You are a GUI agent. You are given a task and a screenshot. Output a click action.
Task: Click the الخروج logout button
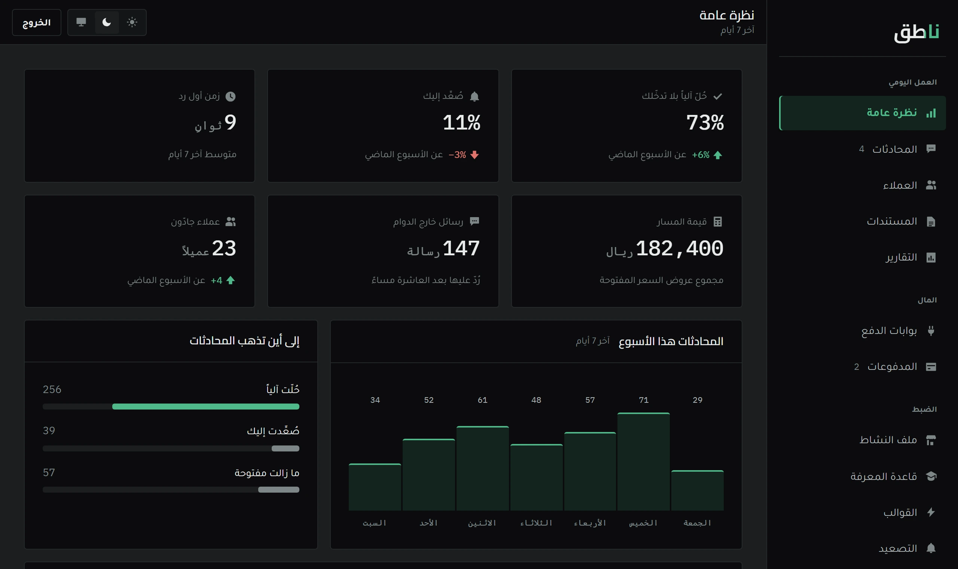click(36, 22)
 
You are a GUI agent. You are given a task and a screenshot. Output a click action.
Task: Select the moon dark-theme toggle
click(107, 22)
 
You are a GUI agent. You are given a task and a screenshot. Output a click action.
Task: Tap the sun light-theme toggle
click(132, 22)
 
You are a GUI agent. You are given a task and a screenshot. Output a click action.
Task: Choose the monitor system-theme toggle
click(81, 22)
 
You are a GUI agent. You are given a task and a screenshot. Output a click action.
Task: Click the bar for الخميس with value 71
click(643, 462)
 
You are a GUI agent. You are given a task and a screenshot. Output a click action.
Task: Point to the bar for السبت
click(375, 487)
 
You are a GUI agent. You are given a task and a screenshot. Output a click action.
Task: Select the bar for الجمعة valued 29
click(698, 490)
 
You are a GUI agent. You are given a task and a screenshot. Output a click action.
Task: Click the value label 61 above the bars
click(482, 400)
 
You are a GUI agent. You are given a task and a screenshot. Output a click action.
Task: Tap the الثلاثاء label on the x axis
click(536, 523)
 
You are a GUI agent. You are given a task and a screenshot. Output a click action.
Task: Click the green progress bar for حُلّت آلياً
click(205, 407)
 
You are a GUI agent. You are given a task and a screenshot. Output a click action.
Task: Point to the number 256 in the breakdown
click(52, 390)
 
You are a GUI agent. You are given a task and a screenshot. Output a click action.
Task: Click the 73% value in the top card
click(705, 123)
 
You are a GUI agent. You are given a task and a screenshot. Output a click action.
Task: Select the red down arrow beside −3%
click(475, 155)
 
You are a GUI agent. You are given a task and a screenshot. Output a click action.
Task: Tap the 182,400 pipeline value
click(680, 249)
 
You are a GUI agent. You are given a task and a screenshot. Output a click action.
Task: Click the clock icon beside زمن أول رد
click(230, 96)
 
